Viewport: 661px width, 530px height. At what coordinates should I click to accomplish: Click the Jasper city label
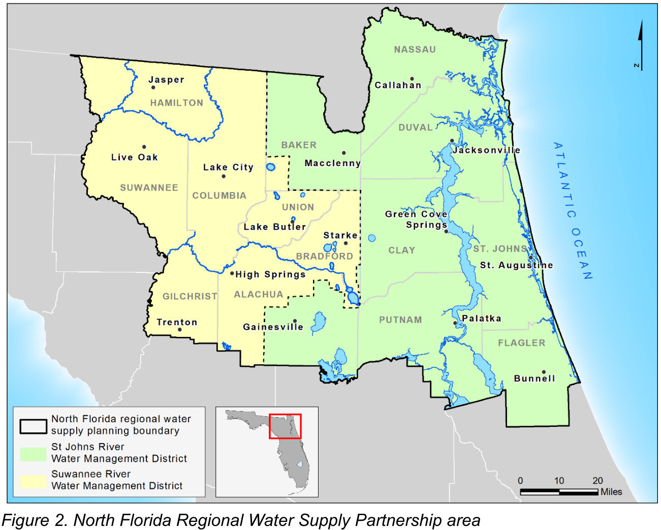[x=166, y=80]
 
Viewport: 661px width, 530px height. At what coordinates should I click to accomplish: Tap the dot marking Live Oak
[x=144, y=147]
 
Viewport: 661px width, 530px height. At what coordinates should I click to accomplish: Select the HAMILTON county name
[x=176, y=103]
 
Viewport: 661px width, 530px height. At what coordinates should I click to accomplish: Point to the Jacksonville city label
[x=486, y=150]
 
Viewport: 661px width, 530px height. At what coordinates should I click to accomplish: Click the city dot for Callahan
[x=412, y=79]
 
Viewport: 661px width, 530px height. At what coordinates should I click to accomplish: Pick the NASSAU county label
[x=415, y=49]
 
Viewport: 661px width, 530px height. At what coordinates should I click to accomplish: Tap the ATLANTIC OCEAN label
[x=573, y=210]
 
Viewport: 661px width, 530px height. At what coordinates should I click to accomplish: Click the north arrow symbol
[x=640, y=46]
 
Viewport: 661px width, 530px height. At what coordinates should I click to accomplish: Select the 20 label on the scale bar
[x=597, y=480]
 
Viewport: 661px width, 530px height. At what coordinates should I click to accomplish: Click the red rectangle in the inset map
[x=285, y=426]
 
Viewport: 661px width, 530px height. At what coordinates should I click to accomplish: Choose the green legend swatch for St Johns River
[x=33, y=453]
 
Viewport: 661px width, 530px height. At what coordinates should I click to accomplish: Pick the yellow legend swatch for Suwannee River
[x=33, y=480]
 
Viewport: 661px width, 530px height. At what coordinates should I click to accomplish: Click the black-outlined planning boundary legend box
[x=34, y=426]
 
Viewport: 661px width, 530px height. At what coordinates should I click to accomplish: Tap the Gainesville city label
[x=273, y=327]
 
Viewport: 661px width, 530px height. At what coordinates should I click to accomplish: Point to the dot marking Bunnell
[x=543, y=372]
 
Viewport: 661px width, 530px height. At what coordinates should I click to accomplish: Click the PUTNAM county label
[x=400, y=320]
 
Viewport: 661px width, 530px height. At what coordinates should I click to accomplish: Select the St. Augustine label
[x=516, y=265]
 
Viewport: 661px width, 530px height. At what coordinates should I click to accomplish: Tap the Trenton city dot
[x=179, y=329]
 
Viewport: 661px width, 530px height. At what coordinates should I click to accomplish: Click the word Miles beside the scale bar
[x=611, y=492]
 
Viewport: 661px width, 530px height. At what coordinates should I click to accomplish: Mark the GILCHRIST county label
[x=190, y=296]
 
